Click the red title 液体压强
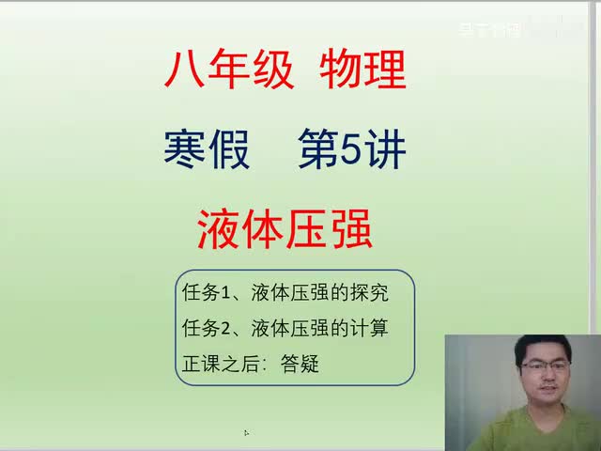coord(285,226)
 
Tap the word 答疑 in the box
coord(300,364)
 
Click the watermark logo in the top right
coord(489,30)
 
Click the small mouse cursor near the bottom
coord(246,433)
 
